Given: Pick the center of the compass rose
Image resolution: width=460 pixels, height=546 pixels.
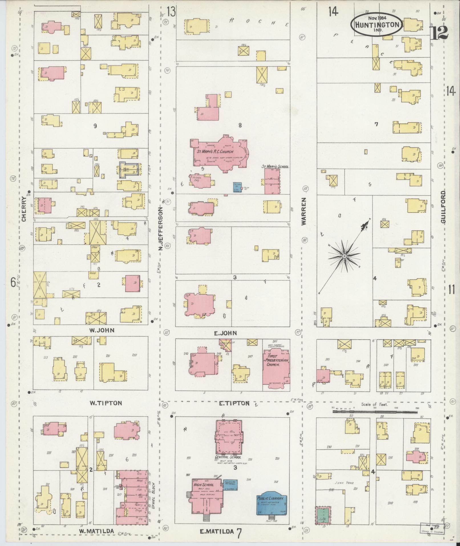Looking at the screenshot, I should [344, 256].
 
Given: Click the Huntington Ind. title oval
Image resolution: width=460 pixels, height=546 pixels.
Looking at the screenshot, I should [377, 25].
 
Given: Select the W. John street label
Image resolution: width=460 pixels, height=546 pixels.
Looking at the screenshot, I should [102, 331].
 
